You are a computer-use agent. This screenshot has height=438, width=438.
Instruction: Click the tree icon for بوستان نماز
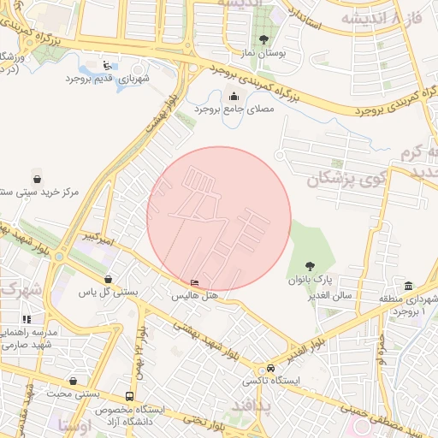pos(263,39)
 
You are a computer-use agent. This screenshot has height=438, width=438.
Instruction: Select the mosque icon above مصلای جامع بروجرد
pos(233,96)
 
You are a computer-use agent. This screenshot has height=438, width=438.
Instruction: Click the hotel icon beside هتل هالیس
pos(196,283)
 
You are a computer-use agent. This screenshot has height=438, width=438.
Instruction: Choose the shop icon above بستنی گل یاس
pos(108,279)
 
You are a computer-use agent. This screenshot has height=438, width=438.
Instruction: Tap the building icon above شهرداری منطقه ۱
pos(409,285)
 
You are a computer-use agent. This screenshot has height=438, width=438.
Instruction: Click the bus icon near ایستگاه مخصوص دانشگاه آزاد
pos(129,396)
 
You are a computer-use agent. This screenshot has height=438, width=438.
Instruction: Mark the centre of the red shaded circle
pos(219,219)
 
